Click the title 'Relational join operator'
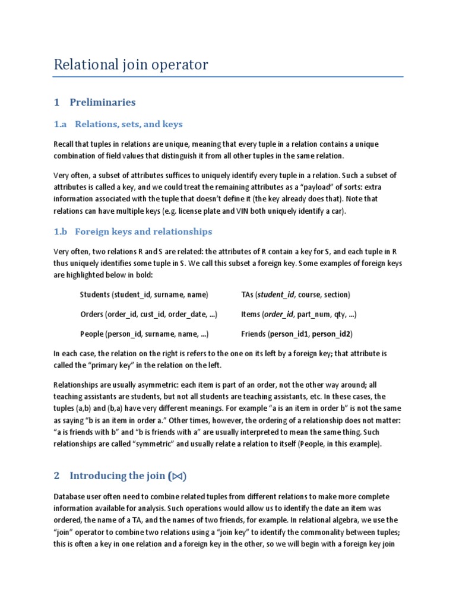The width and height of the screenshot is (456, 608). (x=131, y=65)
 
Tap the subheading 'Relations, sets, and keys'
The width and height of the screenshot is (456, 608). (x=128, y=124)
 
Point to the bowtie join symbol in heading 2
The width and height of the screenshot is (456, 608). (x=178, y=476)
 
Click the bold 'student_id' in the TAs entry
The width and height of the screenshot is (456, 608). (x=277, y=294)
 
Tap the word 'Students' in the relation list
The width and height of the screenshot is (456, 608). (x=94, y=294)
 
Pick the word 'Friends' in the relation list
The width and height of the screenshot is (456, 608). (x=254, y=334)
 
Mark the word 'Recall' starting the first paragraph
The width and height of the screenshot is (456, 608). (x=64, y=144)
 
